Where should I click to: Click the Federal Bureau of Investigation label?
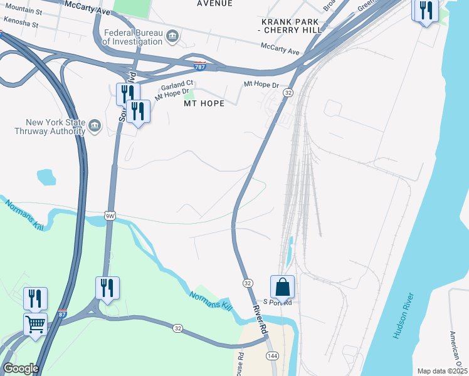coord(131,37)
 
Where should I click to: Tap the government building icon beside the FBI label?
coord(172,37)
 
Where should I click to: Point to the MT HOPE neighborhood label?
coord(204,103)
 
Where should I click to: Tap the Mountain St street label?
coord(23,11)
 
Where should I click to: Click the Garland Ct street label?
coord(177,84)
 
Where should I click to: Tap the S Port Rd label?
coord(278,302)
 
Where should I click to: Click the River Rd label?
coord(260,319)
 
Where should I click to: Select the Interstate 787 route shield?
coord(200,66)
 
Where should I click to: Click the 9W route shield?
coord(110,216)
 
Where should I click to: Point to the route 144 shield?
coord(271,356)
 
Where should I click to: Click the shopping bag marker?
coord(283,287)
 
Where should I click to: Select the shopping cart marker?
coord(36,325)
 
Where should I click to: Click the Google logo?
coord(20,368)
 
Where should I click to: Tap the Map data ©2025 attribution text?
coord(442,371)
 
